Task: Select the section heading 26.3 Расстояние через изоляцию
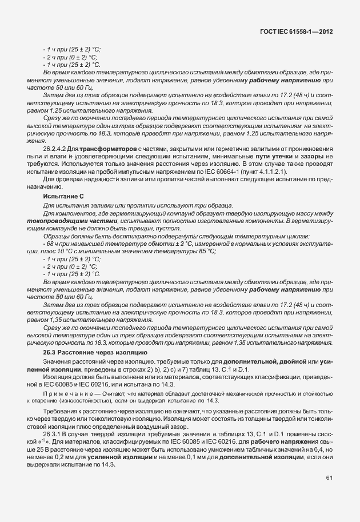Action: pos(91,352)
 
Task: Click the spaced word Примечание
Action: pos(66,395)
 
